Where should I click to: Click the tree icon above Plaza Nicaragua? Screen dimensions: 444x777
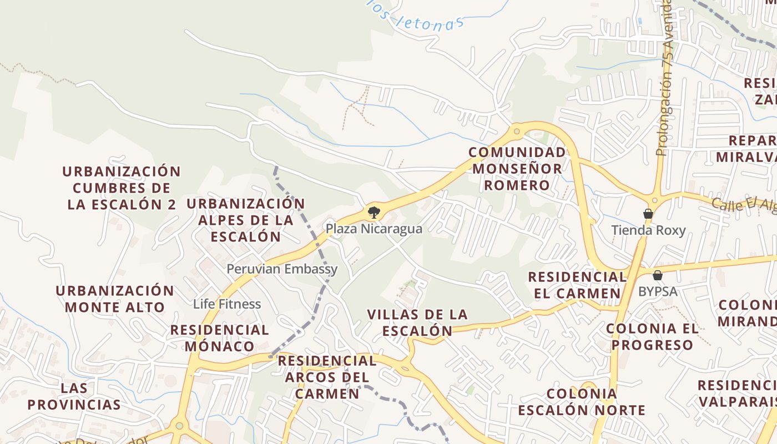coord(374,211)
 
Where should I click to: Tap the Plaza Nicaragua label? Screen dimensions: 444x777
coord(374,229)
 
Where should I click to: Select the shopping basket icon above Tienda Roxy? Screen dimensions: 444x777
coord(648,214)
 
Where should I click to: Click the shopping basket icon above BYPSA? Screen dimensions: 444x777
coord(658,275)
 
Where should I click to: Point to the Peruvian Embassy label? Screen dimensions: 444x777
coord(282,269)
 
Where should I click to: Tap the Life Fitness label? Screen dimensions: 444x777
coord(227,304)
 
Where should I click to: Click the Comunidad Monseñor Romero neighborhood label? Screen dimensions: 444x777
coord(517,169)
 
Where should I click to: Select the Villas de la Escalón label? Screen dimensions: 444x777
coord(417,322)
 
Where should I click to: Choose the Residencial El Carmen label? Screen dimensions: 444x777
coord(577,285)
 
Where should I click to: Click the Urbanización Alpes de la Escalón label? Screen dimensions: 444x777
coord(245,220)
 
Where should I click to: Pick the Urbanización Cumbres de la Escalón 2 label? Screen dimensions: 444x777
coord(122,188)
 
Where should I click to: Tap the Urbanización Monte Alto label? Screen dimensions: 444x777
coord(115,299)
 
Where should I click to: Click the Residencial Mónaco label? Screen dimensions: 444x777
coord(220,338)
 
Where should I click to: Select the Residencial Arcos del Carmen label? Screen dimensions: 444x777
coord(327,377)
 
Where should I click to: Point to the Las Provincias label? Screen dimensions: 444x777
coord(74,396)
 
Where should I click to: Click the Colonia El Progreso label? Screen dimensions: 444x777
coord(652,336)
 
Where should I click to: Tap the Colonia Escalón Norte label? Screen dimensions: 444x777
coord(582,402)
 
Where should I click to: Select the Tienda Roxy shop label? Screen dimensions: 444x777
coord(648,230)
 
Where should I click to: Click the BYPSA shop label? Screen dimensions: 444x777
coord(658,291)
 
